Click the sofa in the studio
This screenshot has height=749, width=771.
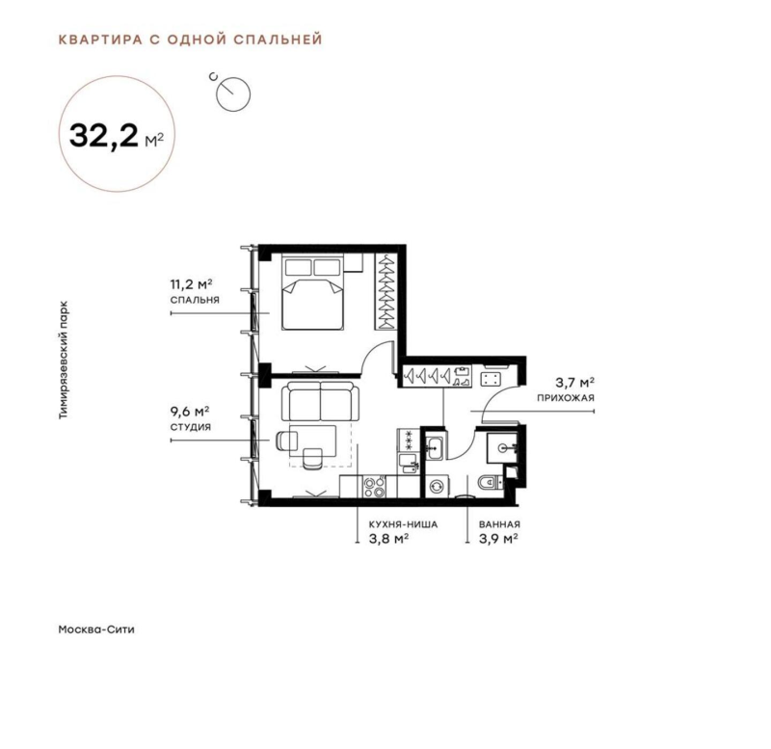(320, 399)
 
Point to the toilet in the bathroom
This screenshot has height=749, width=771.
(489, 484)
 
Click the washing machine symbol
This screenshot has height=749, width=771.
(437, 488)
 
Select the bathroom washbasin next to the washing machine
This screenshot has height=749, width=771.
(436, 446)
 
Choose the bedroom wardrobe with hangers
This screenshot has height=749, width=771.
(385, 288)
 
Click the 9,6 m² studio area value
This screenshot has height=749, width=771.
(190, 409)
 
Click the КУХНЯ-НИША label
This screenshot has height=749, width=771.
(397, 525)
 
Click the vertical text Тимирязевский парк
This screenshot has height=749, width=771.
(63, 356)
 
